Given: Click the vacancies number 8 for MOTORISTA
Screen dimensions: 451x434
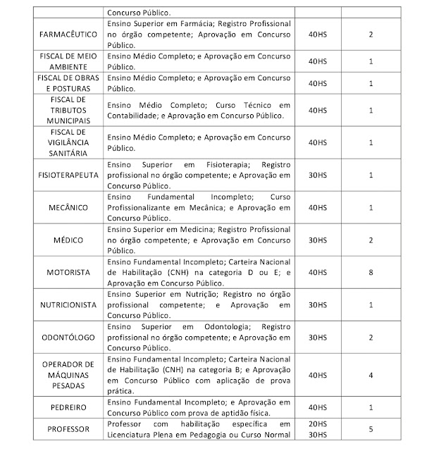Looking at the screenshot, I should tap(370, 271).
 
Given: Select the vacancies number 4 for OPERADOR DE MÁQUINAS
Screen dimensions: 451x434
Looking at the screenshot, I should tap(370, 375).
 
